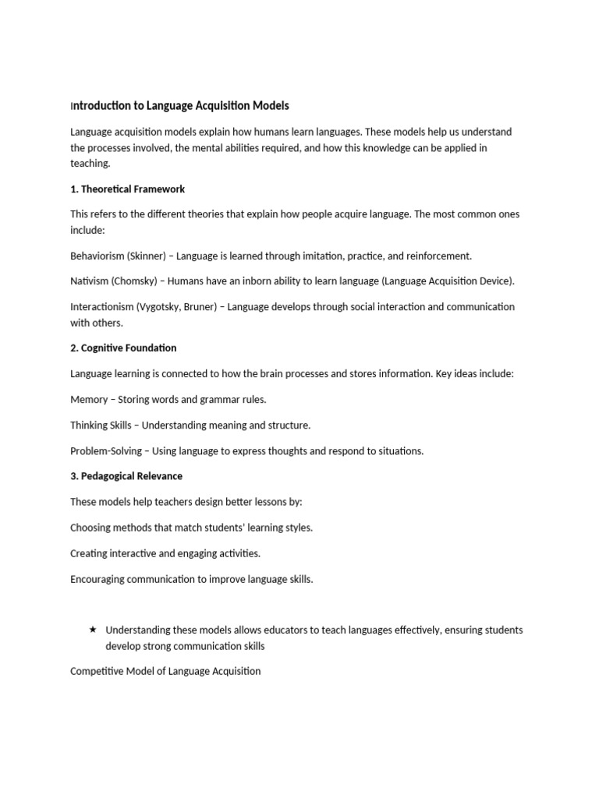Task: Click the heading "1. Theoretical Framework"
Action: click(127, 189)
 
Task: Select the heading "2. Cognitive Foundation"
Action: click(123, 348)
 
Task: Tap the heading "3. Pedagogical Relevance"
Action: click(126, 475)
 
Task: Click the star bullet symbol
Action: click(93, 629)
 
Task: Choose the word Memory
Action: click(89, 399)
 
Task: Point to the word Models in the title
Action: click(271, 105)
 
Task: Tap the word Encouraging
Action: click(101, 578)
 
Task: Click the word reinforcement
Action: click(437, 256)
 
